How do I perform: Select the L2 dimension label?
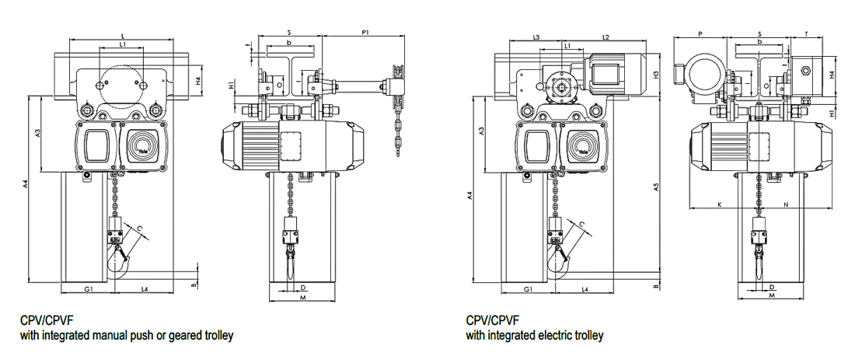pos(606,37)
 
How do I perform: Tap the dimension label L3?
pos(536,37)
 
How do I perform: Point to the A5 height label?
pos(657,187)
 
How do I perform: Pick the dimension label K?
pos(720,204)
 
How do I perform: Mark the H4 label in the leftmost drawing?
pos(199,79)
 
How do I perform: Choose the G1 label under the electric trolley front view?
pos(528,289)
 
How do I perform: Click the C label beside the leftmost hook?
pos(140,226)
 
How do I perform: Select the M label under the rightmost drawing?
pos(772,296)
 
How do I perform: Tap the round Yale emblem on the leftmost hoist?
pos(142,146)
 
